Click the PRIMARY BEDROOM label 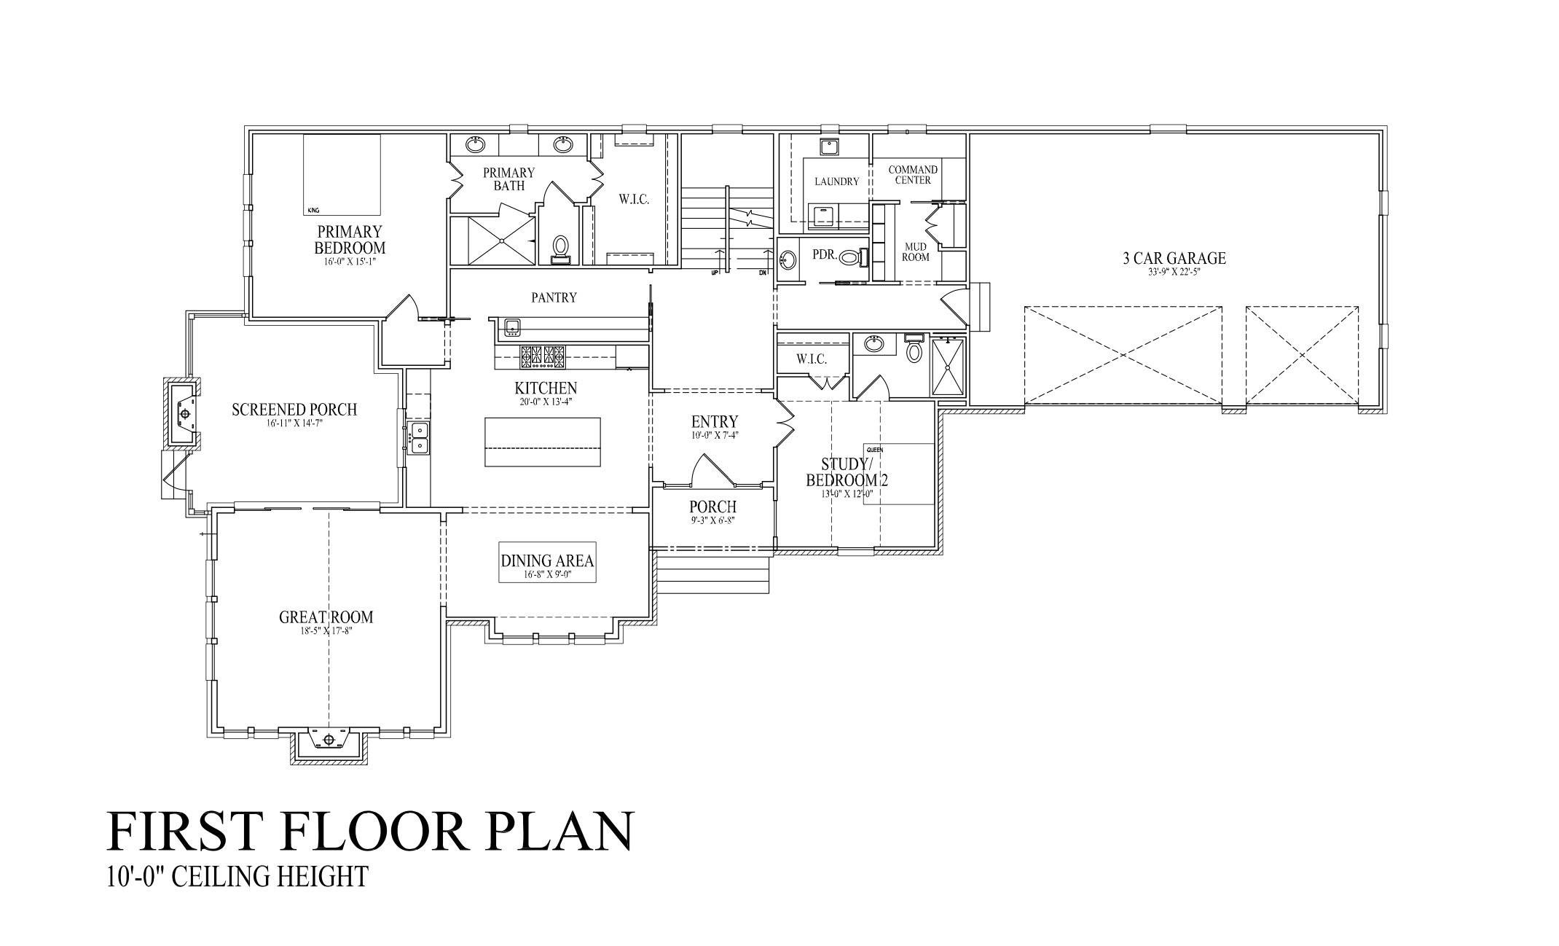pyautogui.click(x=349, y=240)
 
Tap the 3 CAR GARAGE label pyautogui.click(x=1174, y=258)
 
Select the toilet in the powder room pyautogui.click(x=849, y=257)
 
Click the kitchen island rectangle pyautogui.click(x=543, y=442)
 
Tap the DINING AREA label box pyautogui.click(x=547, y=562)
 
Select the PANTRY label pyautogui.click(x=554, y=297)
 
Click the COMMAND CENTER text pyautogui.click(x=913, y=175)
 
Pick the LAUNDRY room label pyautogui.click(x=837, y=181)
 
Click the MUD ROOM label pyautogui.click(x=915, y=252)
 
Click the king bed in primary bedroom pyautogui.click(x=342, y=174)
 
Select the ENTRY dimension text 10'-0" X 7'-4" pyautogui.click(x=714, y=435)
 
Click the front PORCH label pyautogui.click(x=712, y=507)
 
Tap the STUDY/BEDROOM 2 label pyautogui.click(x=846, y=472)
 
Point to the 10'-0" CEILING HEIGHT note pyautogui.click(x=237, y=876)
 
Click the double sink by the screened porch pyautogui.click(x=419, y=438)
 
